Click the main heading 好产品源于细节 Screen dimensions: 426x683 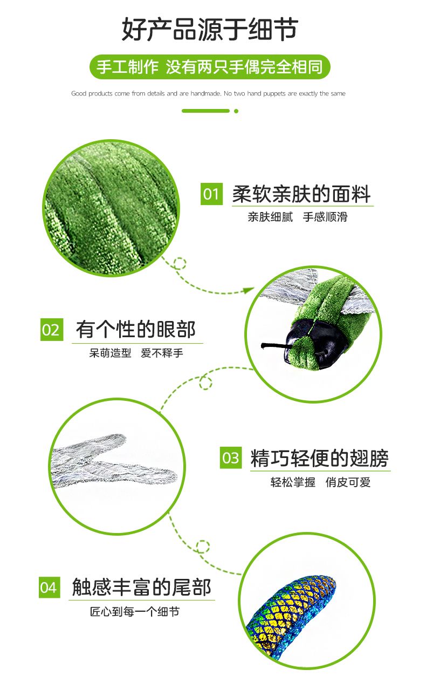(210, 29)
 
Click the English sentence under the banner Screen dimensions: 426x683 (209, 93)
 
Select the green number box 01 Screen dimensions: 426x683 (211, 194)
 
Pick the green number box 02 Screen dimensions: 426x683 (52, 330)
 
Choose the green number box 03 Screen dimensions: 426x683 (231, 457)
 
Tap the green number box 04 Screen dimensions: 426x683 (50, 588)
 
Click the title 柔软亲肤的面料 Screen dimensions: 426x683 (301, 194)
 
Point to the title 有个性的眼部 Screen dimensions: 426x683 (135, 330)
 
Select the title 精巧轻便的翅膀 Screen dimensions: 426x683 (319, 458)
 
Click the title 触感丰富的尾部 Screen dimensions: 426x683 (142, 588)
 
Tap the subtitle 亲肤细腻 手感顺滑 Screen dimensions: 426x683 (298, 217)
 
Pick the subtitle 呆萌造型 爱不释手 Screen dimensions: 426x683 (136, 353)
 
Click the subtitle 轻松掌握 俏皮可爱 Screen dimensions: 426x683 (320, 482)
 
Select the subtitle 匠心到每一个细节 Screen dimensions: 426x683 (135, 611)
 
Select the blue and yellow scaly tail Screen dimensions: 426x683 (291, 616)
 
